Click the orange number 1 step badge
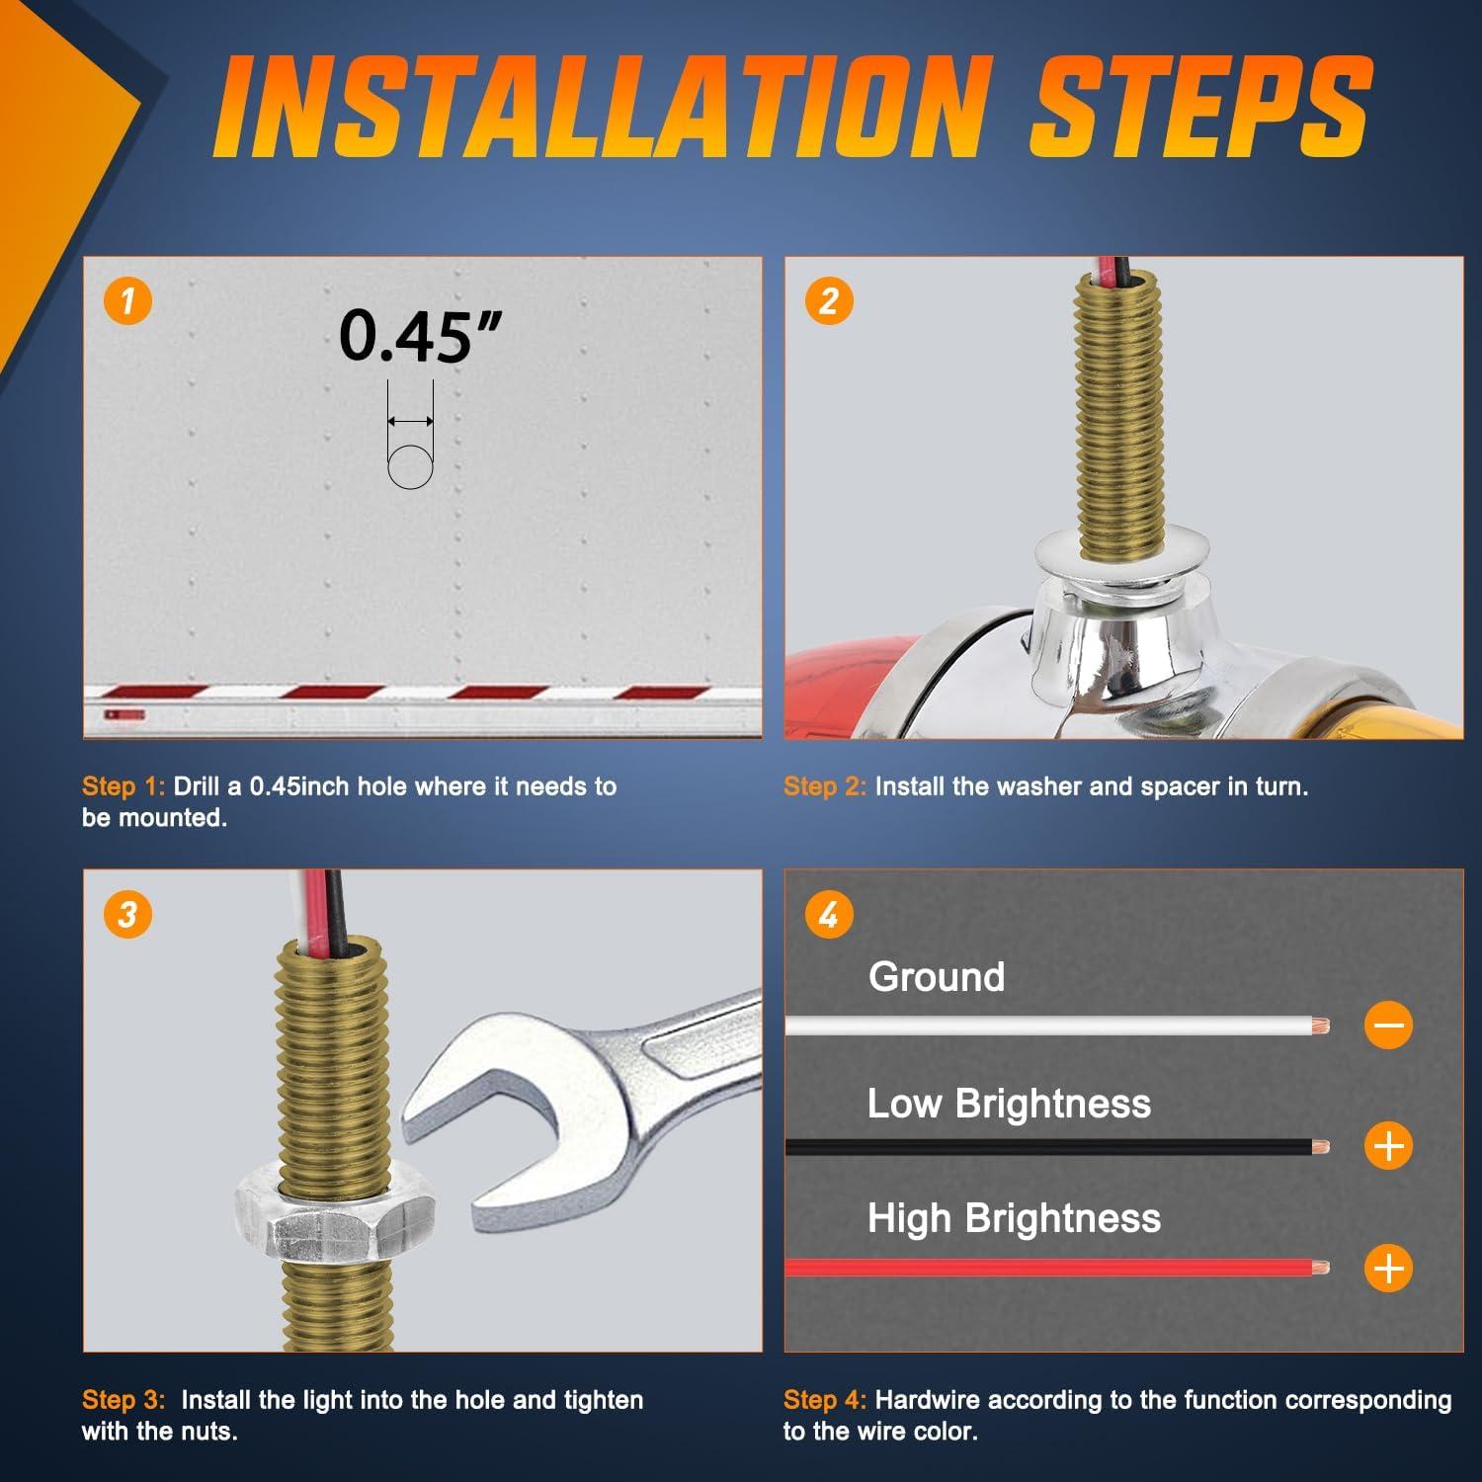click(x=128, y=300)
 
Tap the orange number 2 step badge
click(x=829, y=300)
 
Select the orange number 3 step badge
click(x=128, y=914)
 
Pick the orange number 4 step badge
click(x=829, y=914)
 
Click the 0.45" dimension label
click(x=421, y=337)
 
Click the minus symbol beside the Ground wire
click(x=1389, y=1025)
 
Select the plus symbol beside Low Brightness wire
click(x=1389, y=1146)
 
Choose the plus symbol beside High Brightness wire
click(x=1389, y=1268)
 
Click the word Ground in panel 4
click(x=937, y=977)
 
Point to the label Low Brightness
click(x=1009, y=1104)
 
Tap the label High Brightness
click(x=1014, y=1219)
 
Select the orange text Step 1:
click(x=123, y=786)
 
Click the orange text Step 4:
click(x=825, y=1400)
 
